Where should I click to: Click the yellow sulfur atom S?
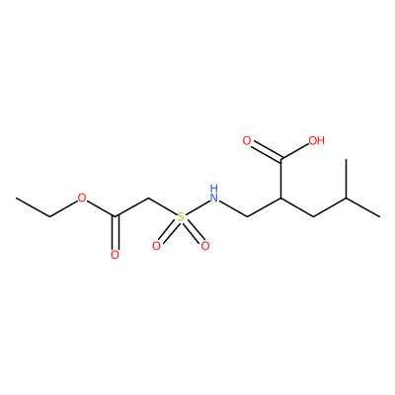(181, 217)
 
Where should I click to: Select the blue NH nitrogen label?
(214, 194)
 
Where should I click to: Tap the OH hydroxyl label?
(316, 141)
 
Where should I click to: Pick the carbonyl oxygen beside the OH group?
(247, 141)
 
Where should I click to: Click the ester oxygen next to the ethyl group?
(82, 198)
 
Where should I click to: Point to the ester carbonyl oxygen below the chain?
(115, 255)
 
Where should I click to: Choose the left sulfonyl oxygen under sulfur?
(156, 246)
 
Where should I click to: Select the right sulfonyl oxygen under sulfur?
(205, 246)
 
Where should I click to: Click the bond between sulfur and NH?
(197, 207)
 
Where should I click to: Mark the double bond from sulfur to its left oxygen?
(168, 232)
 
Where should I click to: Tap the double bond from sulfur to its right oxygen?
(193, 232)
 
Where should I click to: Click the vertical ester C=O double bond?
(115, 232)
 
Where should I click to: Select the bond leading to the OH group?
(294, 153)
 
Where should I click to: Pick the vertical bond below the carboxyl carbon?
(280, 180)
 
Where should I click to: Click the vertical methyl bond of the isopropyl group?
(347, 179)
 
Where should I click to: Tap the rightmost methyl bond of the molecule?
(363, 207)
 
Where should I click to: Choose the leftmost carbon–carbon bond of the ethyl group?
(33, 207)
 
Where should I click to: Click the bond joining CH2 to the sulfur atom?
(163, 206)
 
